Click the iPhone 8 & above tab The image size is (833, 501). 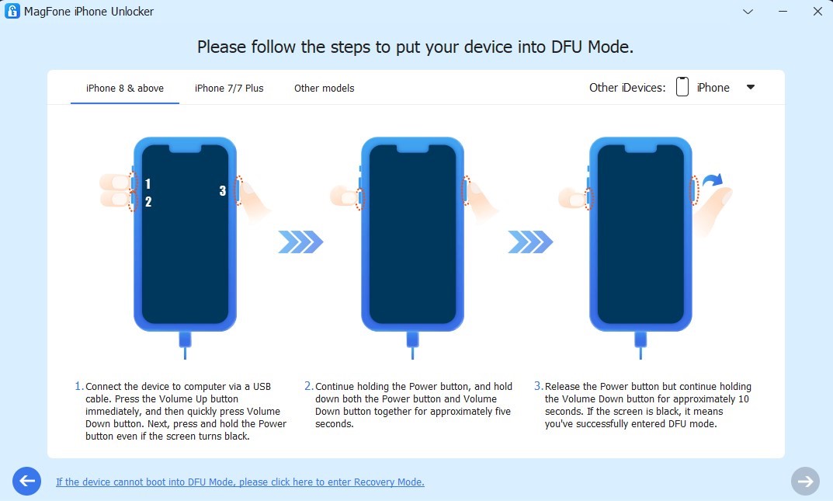(x=125, y=89)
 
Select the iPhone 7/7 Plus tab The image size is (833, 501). (x=229, y=89)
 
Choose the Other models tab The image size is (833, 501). (x=324, y=89)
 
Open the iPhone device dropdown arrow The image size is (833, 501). (x=750, y=87)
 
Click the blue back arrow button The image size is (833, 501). (x=26, y=482)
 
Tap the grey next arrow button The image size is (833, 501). (x=805, y=482)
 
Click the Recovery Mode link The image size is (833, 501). (x=240, y=482)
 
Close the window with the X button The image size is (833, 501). (x=817, y=11)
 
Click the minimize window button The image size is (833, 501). (x=783, y=11)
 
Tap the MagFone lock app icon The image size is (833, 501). (x=12, y=11)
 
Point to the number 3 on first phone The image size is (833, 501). (x=223, y=191)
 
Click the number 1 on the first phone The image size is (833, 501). (x=148, y=184)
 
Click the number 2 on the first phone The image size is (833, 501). (x=148, y=202)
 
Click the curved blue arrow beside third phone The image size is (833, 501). (x=713, y=181)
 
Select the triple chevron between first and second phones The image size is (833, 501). (x=300, y=242)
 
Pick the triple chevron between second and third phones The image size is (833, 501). (x=530, y=242)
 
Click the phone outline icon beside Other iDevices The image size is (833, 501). (x=682, y=86)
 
